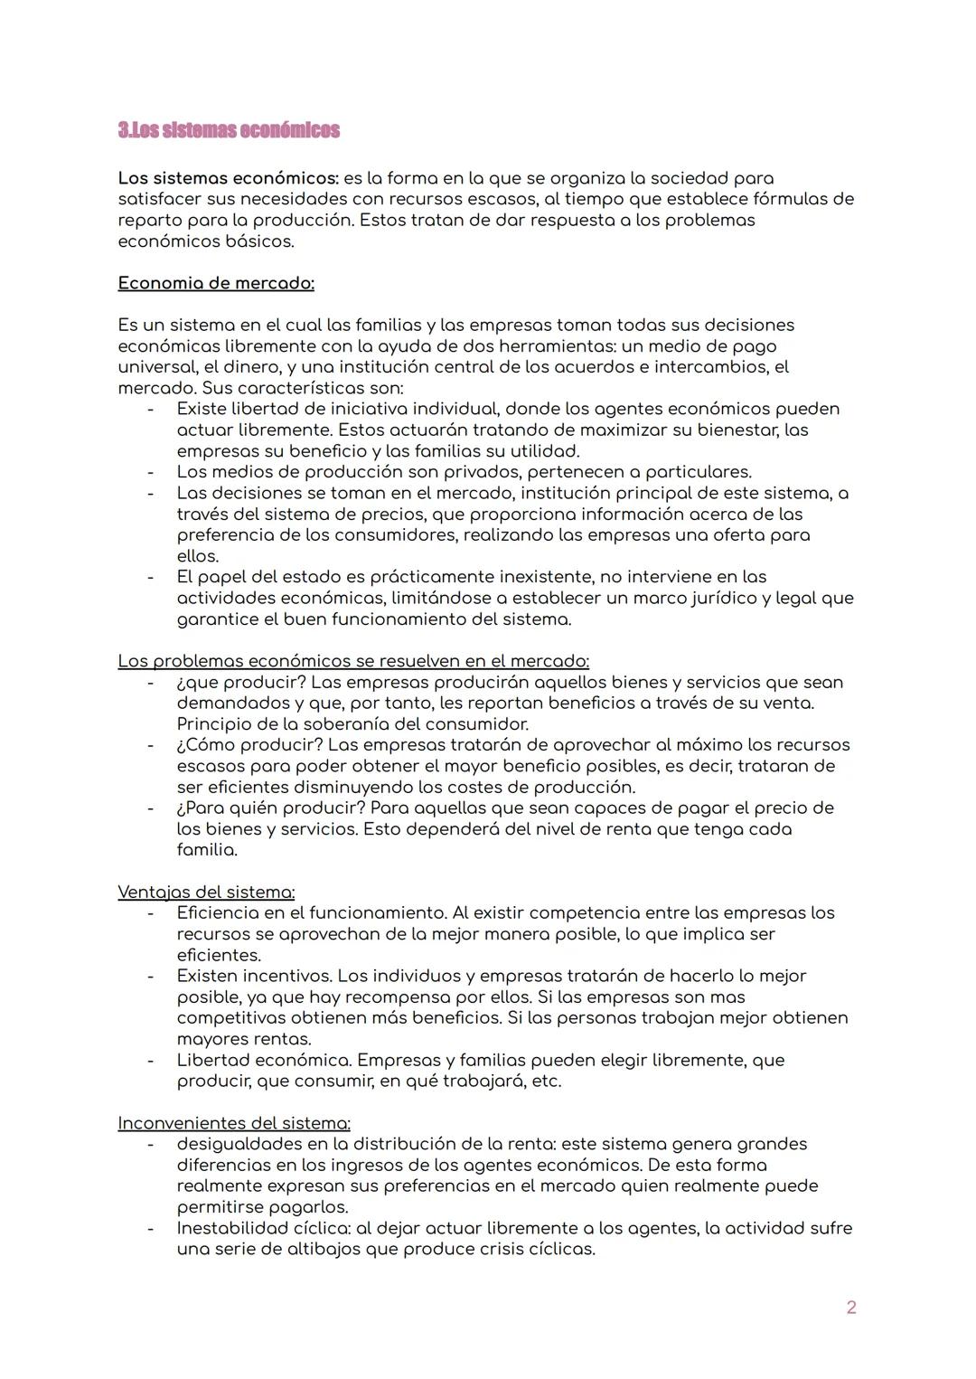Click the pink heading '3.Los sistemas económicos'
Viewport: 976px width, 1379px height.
coord(229,130)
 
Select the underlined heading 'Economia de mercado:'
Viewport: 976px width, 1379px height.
coord(216,283)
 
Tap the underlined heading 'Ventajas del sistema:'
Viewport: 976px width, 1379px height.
coord(206,892)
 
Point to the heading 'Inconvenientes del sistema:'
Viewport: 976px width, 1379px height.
coord(234,1123)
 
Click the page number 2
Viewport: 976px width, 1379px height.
coord(850,1307)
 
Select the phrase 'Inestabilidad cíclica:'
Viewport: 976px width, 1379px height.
coord(263,1228)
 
